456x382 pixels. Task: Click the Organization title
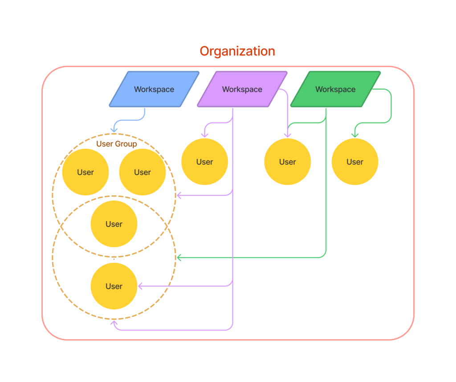[x=237, y=51]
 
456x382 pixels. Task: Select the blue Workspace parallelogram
[x=154, y=89]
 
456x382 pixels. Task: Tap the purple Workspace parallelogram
[x=242, y=89]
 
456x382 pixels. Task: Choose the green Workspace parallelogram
[x=335, y=89]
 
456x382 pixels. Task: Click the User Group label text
[x=116, y=144]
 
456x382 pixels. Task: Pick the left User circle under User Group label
[x=85, y=172]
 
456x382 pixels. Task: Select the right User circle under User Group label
[x=142, y=172]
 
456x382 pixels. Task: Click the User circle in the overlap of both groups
[x=114, y=224]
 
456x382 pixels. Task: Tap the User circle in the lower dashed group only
[x=114, y=286]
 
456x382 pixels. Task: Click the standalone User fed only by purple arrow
[x=204, y=162]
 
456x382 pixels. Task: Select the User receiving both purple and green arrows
[x=287, y=162]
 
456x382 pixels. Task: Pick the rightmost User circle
[x=355, y=162]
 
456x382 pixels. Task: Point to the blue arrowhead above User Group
[x=114, y=130]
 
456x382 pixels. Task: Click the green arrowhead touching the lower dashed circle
[x=179, y=258]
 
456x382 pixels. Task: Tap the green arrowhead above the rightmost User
[x=355, y=135]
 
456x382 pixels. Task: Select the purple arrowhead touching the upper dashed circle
[x=179, y=195]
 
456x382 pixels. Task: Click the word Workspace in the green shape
[x=335, y=89]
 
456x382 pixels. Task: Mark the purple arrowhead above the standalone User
[x=204, y=135]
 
